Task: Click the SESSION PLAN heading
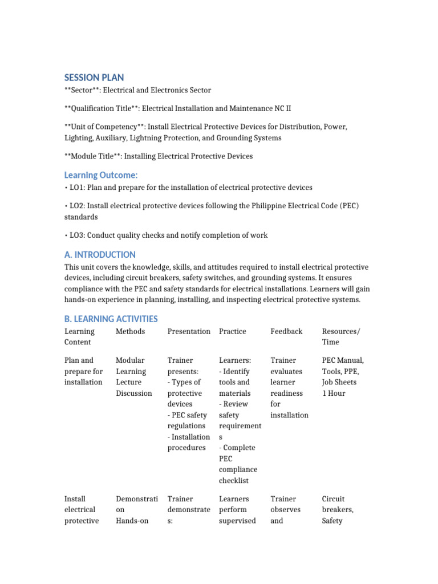point(94,78)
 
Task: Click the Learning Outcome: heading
point(101,175)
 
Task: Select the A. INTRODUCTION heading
point(100,254)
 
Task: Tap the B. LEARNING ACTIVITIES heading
point(111,318)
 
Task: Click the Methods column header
point(130,331)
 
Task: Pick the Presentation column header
point(189,331)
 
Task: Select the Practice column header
point(232,331)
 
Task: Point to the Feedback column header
point(286,331)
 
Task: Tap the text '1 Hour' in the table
point(334,394)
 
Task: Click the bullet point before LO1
point(66,188)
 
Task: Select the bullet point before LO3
point(66,236)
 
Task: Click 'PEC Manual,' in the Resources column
point(343,360)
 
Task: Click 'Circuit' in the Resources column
point(333,499)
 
